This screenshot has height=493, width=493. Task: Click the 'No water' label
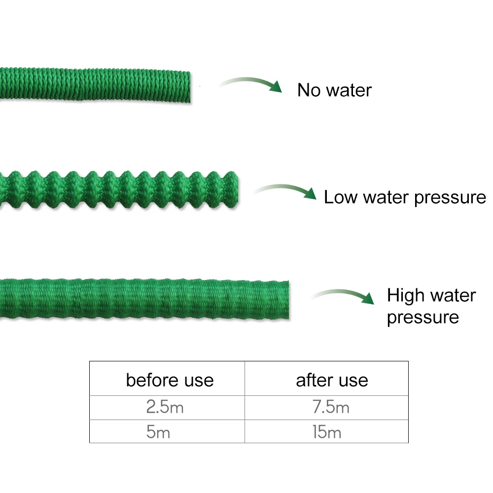tap(334, 90)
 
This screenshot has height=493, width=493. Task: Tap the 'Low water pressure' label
tap(404, 197)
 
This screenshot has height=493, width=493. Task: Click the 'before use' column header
tap(170, 380)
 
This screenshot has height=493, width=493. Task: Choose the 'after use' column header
tap(332, 380)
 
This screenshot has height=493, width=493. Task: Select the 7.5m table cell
tap(331, 408)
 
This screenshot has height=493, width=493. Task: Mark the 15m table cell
tap(327, 432)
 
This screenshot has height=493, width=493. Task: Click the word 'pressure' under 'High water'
tap(423, 317)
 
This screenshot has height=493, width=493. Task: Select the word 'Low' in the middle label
tap(341, 197)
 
